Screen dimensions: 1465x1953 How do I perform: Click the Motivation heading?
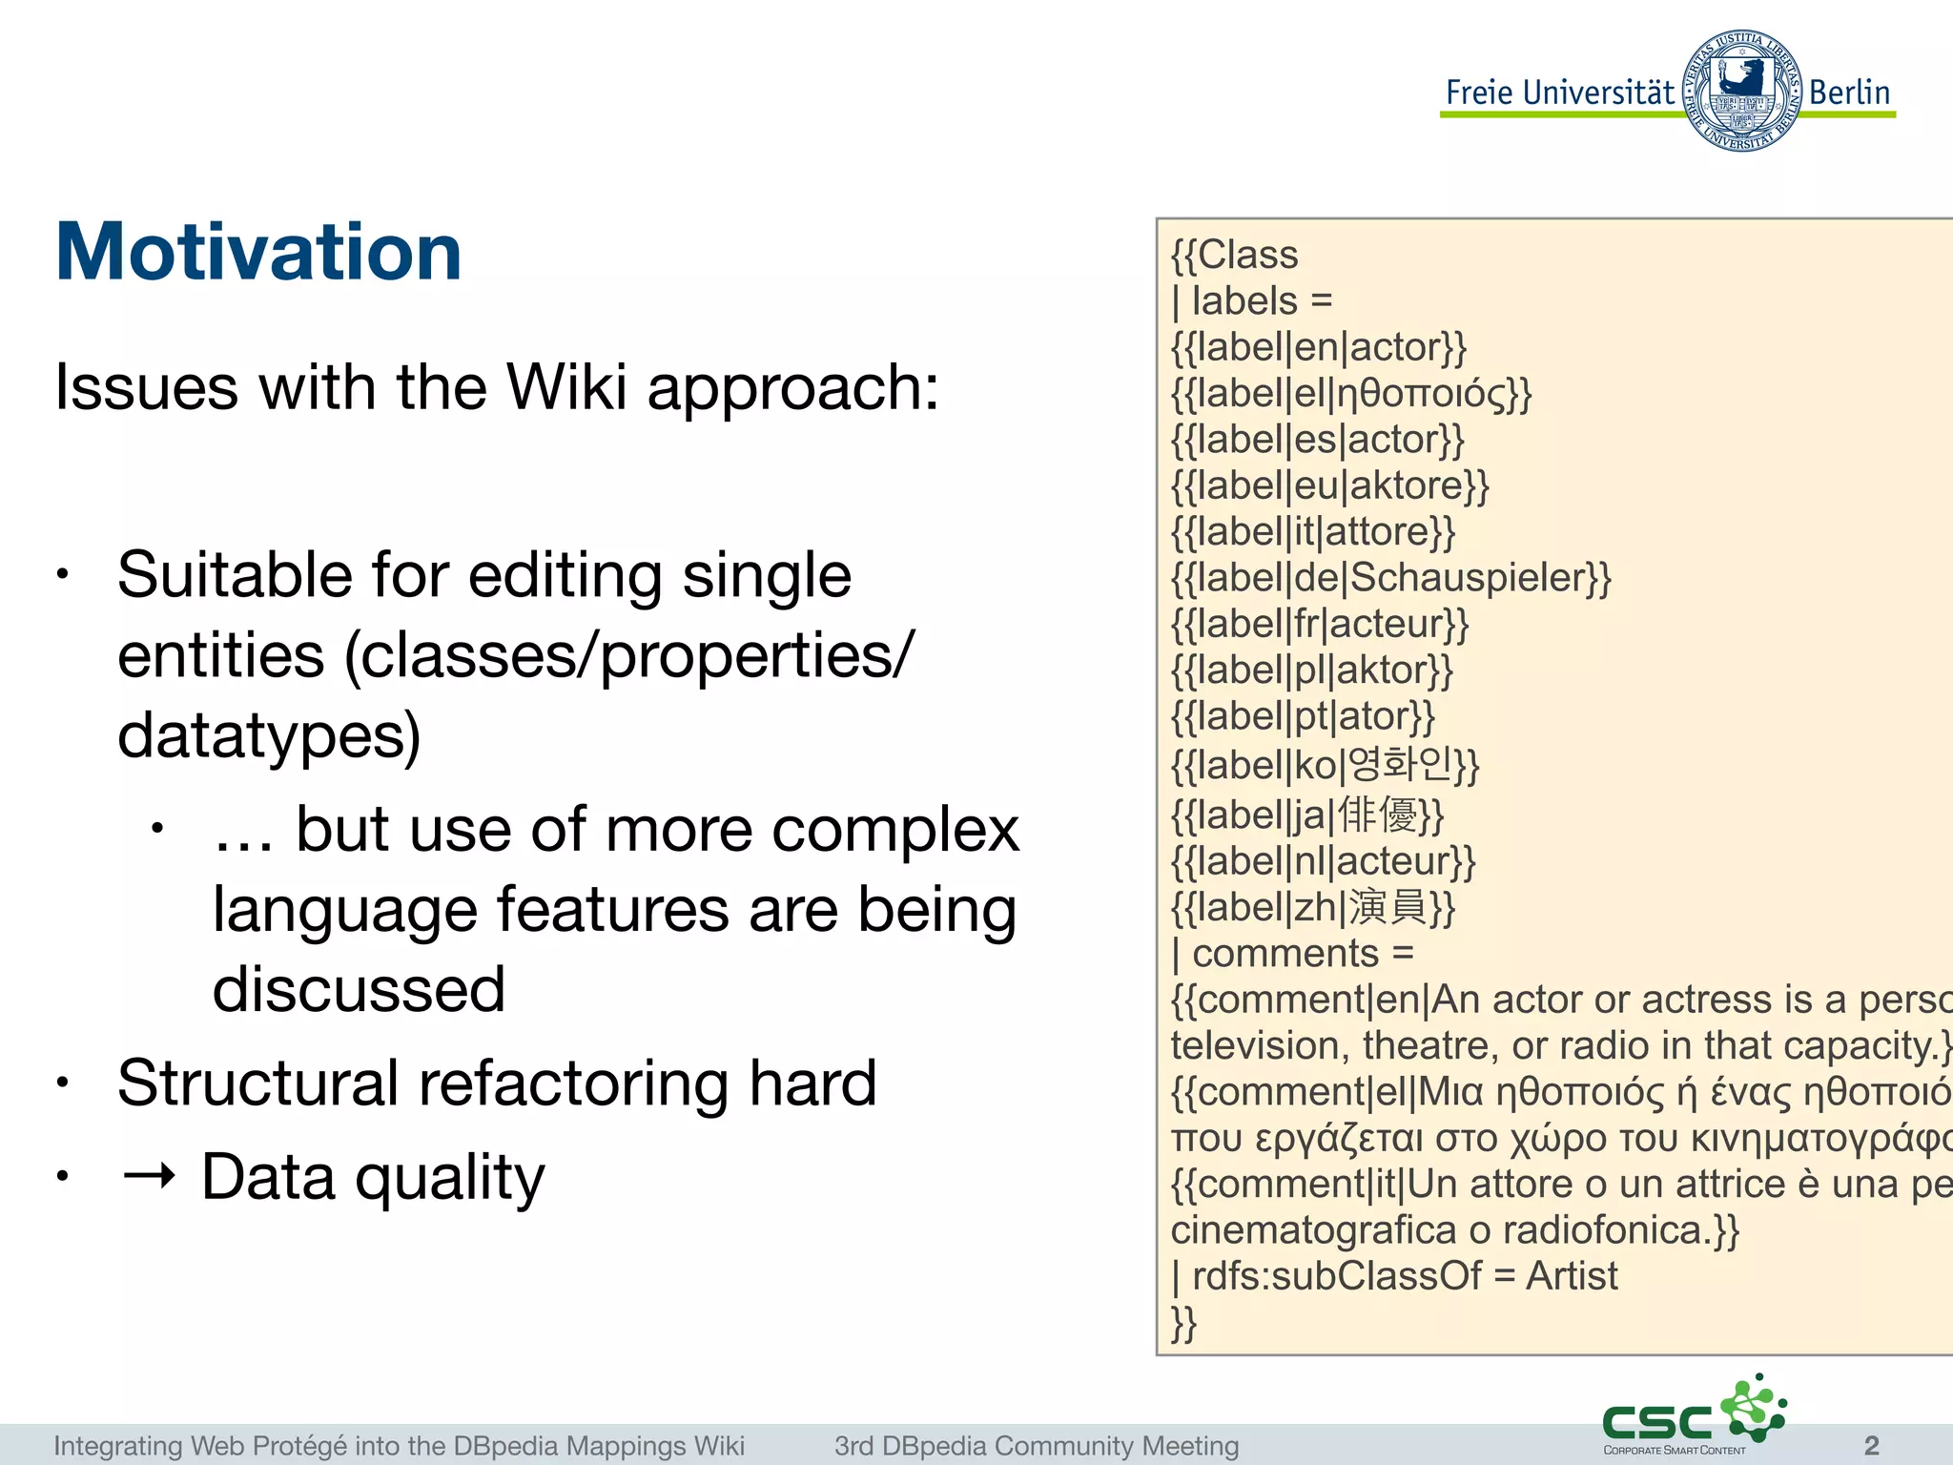(x=258, y=252)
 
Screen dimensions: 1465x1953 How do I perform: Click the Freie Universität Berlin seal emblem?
(x=1741, y=92)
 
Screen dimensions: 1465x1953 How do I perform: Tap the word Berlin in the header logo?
(x=1848, y=93)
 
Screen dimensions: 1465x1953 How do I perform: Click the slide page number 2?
(x=1871, y=1445)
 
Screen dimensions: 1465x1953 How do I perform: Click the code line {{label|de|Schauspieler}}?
(x=1390, y=578)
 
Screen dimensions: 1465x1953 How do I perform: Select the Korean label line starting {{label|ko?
(x=1325, y=764)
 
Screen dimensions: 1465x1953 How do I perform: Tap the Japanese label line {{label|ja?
(x=1307, y=815)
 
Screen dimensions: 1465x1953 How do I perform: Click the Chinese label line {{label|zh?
(x=1313, y=907)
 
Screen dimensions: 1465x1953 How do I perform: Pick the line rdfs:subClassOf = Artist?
(x=1394, y=1276)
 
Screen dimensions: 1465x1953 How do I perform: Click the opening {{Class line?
(x=1234, y=255)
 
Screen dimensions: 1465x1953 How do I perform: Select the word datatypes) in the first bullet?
(x=269, y=735)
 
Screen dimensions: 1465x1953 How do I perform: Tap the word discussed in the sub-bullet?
(x=359, y=989)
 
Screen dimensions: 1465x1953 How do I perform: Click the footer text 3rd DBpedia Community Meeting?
(x=1036, y=1446)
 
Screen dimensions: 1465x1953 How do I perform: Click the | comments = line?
(x=1292, y=953)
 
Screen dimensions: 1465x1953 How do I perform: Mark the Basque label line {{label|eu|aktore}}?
(x=1329, y=485)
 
